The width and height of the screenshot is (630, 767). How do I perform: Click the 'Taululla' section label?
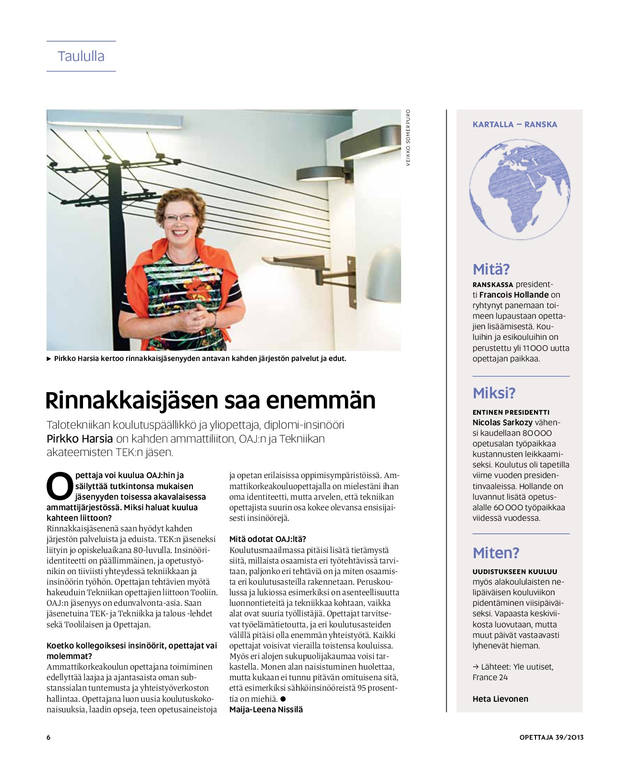[x=81, y=56]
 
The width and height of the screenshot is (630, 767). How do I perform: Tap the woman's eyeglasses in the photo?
[x=179, y=217]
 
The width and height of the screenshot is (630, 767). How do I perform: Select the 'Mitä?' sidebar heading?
[x=491, y=269]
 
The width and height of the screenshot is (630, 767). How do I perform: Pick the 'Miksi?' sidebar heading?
[x=494, y=394]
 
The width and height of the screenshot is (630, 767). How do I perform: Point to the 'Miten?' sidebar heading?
[x=496, y=553]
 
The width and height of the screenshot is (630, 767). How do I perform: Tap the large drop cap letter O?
[x=60, y=486]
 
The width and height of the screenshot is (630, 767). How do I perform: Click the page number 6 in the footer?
[x=48, y=737]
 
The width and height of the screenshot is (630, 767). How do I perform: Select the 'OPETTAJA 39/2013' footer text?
[x=551, y=737]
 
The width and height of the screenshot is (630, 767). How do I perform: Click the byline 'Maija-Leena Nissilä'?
[x=266, y=709]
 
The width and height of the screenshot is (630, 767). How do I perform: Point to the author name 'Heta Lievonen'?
[x=500, y=699]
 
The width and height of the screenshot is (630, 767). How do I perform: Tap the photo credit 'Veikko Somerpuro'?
[x=408, y=138]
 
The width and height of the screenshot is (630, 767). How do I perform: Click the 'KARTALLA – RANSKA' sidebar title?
[x=514, y=124]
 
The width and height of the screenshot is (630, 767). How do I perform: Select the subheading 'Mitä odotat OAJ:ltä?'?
[x=267, y=539]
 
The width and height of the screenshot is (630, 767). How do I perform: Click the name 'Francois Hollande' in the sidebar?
[x=513, y=295]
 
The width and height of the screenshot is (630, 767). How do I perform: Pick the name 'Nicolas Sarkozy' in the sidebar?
[x=502, y=422]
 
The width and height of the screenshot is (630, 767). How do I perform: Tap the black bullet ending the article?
[x=283, y=699]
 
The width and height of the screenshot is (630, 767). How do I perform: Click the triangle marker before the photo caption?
[x=49, y=359]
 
